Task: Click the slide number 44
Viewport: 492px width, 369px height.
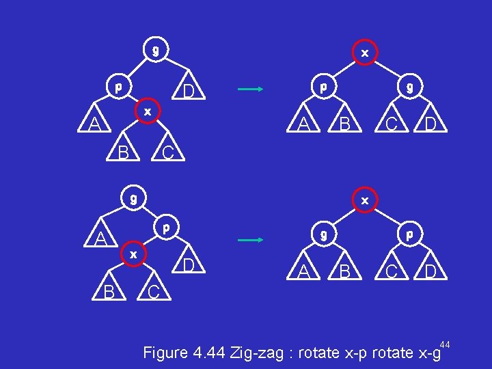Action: tap(445, 343)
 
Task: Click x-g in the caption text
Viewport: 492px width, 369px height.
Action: tap(426, 353)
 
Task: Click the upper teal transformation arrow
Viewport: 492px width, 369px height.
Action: tap(250, 89)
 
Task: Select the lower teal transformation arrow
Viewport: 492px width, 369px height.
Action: tap(250, 240)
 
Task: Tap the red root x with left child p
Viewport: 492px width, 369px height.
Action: tap(365, 53)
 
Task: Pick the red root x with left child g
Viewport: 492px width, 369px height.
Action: tap(365, 201)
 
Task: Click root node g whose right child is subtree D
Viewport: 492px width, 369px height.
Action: tap(156, 50)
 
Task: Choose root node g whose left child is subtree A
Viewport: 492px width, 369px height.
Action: tap(134, 199)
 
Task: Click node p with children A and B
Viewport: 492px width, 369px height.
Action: tap(323, 87)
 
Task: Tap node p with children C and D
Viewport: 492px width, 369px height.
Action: tap(409, 234)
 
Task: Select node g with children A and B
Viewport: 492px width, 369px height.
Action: tap(323, 234)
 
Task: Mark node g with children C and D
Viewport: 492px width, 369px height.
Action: tap(409, 87)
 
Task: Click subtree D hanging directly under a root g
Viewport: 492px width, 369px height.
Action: tap(189, 92)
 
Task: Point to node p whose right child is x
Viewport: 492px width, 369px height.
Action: tap(118, 87)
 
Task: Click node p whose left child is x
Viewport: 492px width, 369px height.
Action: tap(166, 225)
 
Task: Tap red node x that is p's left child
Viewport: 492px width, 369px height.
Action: tap(133, 254)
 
